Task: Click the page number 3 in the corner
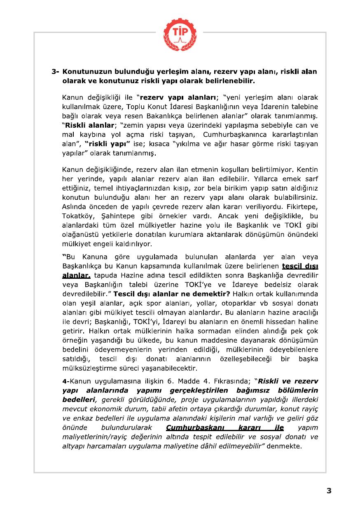pyautogui.click(x=329, y=490)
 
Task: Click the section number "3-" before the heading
pyautogui.click(x=56, y=72)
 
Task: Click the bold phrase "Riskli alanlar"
pyautogui.click(x=88, y=126)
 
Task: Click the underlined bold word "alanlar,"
pyautogui.click(x=76, y=275)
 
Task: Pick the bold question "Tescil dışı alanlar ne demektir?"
pyautogui.click(x=172, y=294)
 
